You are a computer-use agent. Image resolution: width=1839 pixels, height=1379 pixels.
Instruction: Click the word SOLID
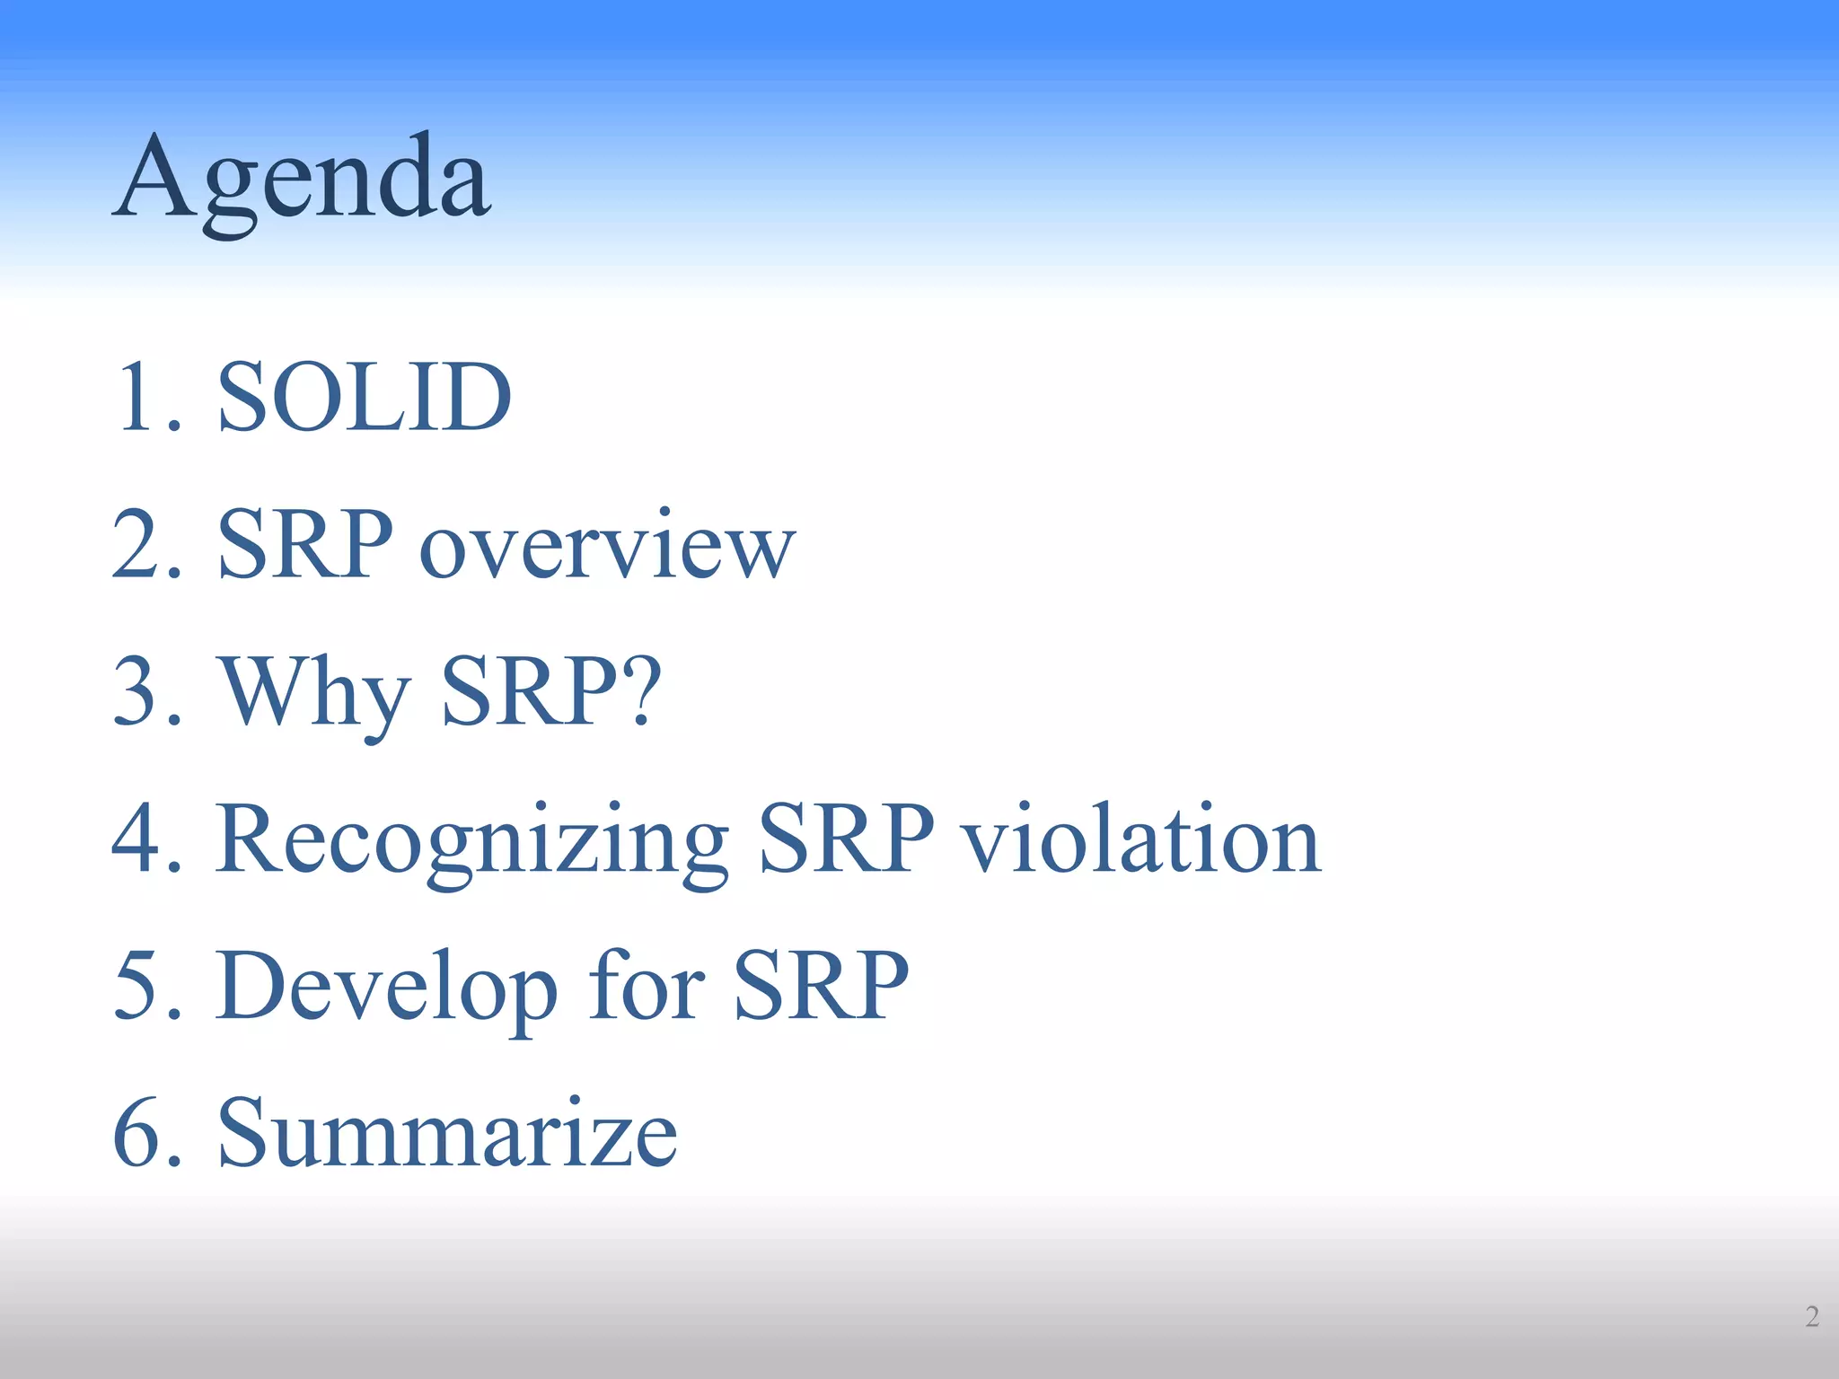tap(364, 397)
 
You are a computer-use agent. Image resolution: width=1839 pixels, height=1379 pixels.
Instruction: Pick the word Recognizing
tap(471, 839)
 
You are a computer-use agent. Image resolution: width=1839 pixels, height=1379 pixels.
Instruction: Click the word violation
tap(1140, 839)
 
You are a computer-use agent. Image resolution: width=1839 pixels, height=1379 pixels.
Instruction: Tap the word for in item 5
tap(647, 986)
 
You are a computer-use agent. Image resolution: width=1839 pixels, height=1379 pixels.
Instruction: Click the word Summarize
tap(447, 1133)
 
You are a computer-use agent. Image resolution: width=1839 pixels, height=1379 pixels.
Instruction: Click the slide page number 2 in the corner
tap(1812, 1316)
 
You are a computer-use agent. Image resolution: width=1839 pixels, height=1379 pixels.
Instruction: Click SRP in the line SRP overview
tap(305, 544)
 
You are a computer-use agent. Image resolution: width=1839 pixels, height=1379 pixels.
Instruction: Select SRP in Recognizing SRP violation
tap(846, 839)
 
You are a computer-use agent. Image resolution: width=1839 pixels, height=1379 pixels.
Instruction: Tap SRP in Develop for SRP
tap(821, 986)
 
